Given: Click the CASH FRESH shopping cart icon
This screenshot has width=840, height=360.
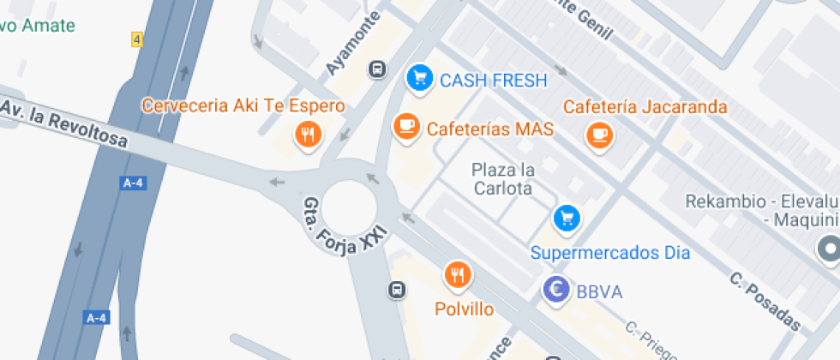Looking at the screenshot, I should click(x=417, y=78).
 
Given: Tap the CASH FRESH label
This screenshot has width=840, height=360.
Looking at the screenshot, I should click(x=493, y=81).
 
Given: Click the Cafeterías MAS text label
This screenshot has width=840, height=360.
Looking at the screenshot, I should click(x=489, y=129).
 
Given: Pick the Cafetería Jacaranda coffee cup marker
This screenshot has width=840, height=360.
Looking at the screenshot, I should click(x=598, y=134).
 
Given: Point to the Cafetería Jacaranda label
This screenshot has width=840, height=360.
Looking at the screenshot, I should click(x=645, y=107).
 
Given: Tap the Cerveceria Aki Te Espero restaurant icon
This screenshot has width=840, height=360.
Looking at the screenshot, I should click(x=307, y=134).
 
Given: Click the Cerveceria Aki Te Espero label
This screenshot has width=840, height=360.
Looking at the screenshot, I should click(x=243, y=106).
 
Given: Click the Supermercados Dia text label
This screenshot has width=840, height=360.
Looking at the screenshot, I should click(x=610, y=253).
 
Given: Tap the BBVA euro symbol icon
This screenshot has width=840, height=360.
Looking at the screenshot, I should click(x=556, y=290).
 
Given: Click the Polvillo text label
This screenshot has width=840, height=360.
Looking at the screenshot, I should click(x=464, y=309).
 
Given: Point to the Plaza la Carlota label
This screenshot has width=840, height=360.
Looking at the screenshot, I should click(x=502, y=179).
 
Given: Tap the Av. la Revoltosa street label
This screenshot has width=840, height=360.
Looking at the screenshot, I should click(x=64, y=123).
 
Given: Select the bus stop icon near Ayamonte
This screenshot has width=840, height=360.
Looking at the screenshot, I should click(x=376, y=69).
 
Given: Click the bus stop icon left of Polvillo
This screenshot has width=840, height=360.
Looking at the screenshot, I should click(x=397, y=290).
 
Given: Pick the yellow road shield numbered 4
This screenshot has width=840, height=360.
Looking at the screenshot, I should click(x=137, y=39).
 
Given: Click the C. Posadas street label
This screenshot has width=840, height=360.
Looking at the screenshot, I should click(x=765, y=302).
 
